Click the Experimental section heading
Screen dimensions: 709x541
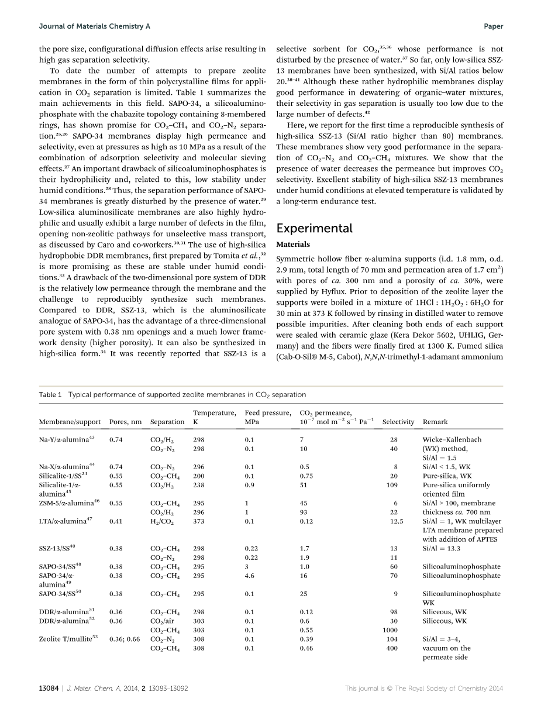(x=314, y=228)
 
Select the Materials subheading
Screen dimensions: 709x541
(x=293, y=245)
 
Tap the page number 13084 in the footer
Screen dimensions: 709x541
(x=49, y=689)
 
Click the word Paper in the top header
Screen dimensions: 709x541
(x=494, y=26)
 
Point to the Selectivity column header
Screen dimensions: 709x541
(x=398, y=422)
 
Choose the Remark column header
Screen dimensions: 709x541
(x=435, y=422)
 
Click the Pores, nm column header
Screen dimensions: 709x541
(x=125, y=422)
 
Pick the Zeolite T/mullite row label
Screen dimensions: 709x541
(x=68, y=639)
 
